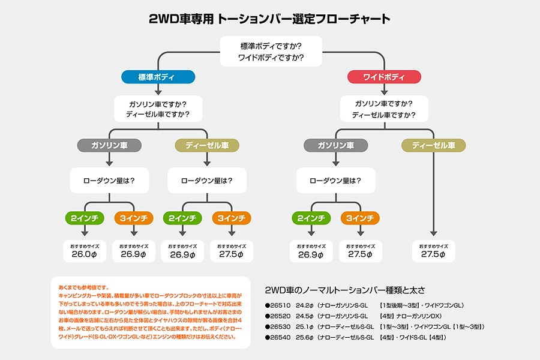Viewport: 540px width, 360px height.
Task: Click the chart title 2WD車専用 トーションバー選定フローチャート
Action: coord(270,19)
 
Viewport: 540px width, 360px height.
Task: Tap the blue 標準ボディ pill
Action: coord(158,77)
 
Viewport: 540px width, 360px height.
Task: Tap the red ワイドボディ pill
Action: coord(385,77)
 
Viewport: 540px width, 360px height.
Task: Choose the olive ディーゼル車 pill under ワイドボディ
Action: coord(433,146)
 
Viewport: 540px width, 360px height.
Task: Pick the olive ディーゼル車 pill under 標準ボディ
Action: coord(207,146)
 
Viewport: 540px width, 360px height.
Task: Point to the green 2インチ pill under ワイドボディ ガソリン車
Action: coord(310,218)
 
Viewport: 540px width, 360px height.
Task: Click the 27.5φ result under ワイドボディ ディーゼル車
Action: coord(433,254)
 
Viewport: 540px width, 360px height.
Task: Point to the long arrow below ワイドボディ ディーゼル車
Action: coord(433,192)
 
